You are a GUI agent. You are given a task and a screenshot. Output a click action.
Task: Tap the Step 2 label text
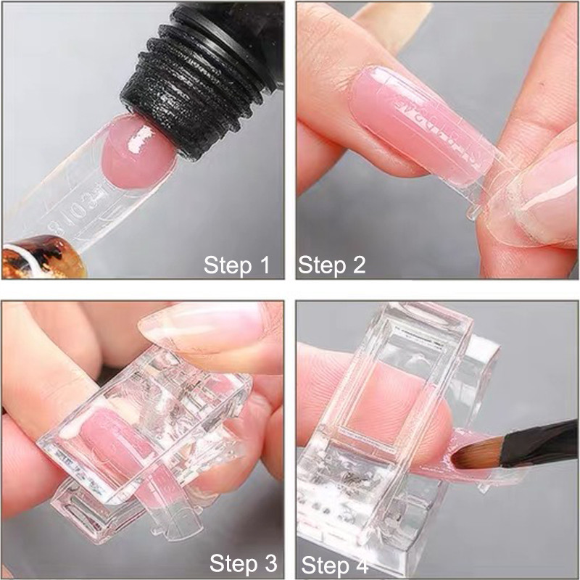coord(332,265)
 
